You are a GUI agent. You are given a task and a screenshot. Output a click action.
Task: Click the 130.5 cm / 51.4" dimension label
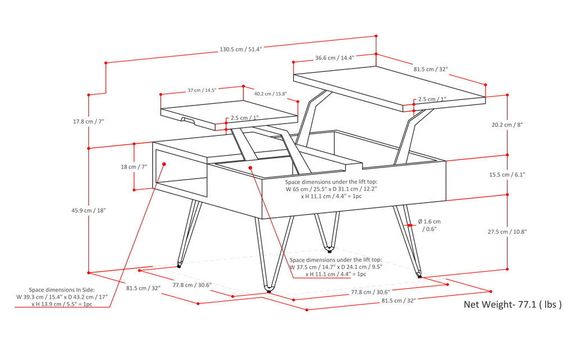click(x=240, y=49)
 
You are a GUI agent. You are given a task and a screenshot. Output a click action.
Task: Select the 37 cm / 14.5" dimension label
click(x=202, y=90)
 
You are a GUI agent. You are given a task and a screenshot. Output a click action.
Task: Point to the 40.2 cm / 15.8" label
click(x=271, y=94)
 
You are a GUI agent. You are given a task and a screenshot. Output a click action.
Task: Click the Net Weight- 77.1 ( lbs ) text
click(x=512, y=305)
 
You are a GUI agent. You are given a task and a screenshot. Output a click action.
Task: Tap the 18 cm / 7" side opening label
click(x=117, y=167)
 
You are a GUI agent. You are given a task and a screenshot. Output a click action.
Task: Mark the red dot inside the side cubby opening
click(x=165, y=164)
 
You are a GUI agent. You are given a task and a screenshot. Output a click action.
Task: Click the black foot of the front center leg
click(x=268, y=291)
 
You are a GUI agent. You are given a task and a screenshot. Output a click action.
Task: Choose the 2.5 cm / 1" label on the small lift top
click(x=245, y=118)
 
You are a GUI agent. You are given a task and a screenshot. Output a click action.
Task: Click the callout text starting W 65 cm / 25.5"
click(x=331, y=189)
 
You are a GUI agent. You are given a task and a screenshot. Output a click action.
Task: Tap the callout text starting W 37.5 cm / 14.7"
click(x=336, y=267)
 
